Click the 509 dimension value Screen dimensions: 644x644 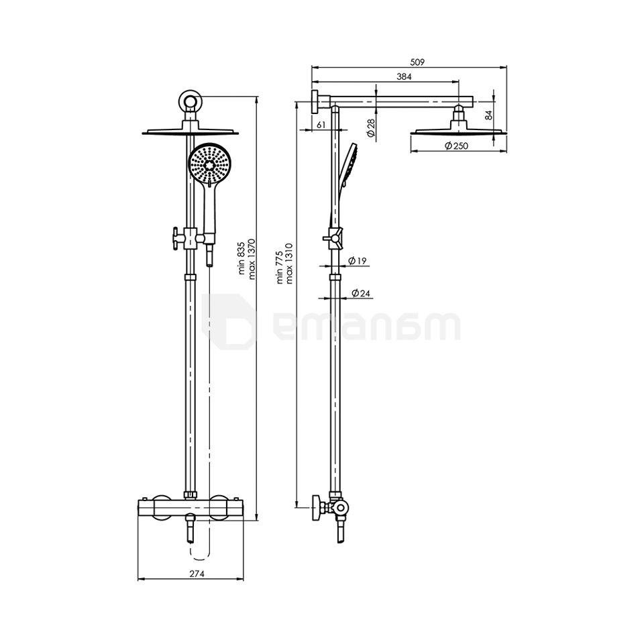point(417,62)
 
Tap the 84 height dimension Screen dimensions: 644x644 point(488,115)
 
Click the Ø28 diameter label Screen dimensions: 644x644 point(370,127)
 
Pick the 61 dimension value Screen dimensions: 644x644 point(321,125)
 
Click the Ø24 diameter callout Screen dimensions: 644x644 point(361,293)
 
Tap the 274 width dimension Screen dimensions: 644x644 point(196,574)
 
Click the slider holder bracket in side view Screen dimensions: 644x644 point(333,237)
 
